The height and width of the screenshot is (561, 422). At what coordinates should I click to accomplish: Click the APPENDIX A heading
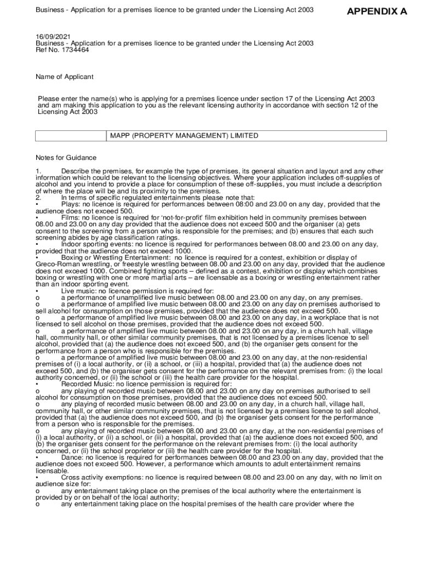[377, 12]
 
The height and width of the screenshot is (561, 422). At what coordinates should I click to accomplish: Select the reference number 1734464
[75, 49]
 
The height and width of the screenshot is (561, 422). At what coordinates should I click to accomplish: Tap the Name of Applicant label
[65, 77]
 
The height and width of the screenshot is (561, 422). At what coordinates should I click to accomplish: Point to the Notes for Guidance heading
[66, 158]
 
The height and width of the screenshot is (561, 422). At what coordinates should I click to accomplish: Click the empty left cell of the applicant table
[70, 136]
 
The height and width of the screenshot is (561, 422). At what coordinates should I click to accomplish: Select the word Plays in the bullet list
[70, 204]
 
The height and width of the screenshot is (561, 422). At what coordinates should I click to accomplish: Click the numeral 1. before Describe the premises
[38, 171]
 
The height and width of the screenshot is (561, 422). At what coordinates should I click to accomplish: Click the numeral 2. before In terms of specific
[38, 198]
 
